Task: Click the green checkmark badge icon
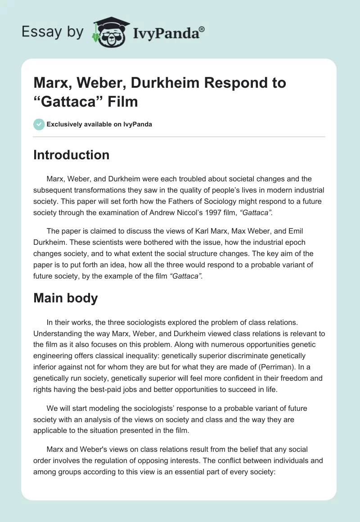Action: [x=39, y=124]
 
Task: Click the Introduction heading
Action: [x=72, y=155]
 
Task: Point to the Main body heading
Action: [x=66, y=298]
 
